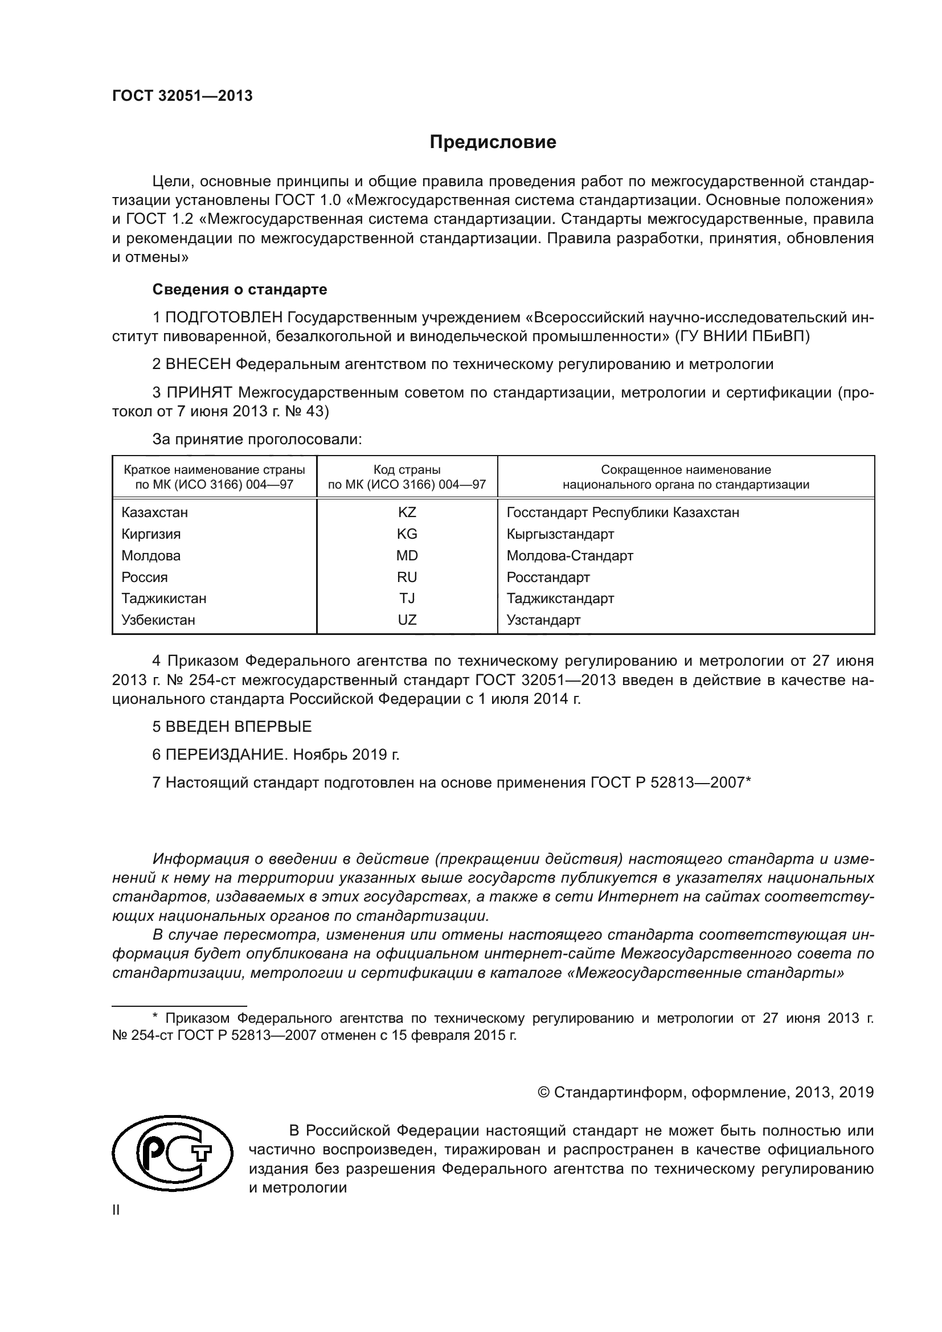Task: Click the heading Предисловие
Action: pyautogui.click(x=493, y=142)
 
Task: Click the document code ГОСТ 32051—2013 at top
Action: pyautogui.click(x=182, y=96)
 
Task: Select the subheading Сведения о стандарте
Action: pyautogui.click(x=240, y=289)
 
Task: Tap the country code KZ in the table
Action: pyautogui.click(x=407, y=513)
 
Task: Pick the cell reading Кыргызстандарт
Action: pyautogui.click(x=560, y=534)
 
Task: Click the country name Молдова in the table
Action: pyautogui.click(x=151, y=555)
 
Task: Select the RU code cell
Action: pyautogui.click(x=407, y=577)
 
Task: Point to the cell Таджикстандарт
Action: pyautogui.click(x=560, y=598)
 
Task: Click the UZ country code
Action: pyautogui.click(x=407, y=620)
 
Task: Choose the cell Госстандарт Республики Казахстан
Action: pyautogui.click(x=622, y=513)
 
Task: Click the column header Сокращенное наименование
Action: pyautogui.click(x=686, y=469)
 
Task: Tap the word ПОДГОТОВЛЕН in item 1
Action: pyautogui.click(x=224, y=317)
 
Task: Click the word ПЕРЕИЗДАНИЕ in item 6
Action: pyautogui.click(x=226, y=754)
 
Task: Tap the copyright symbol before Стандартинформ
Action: pyautogui.click(x=543, y=1092)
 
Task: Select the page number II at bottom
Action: pyautogui.click(x=116, y=1210)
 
